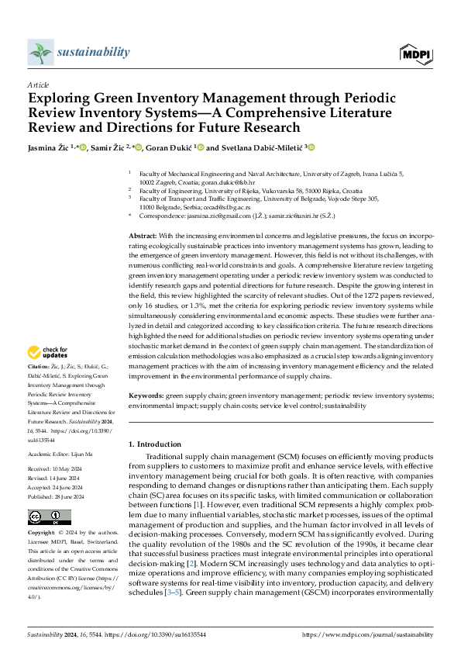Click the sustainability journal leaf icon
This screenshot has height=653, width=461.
(40, 52)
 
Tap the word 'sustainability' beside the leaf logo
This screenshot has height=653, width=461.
(93, 52)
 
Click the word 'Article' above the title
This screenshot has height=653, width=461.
(38, 85)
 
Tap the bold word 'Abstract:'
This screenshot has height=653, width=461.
(143, 235)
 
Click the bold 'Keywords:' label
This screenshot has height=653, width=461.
(146, 396)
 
